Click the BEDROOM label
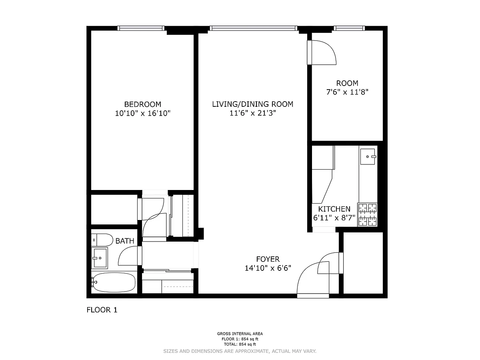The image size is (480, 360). pos(142,104)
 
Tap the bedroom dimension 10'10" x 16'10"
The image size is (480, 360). pos(142,113)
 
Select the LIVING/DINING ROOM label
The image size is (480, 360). pos(252,104)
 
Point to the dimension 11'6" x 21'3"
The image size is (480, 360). pos(252,113)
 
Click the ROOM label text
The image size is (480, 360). pos(347,83)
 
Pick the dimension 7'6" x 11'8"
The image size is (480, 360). pos(347,92)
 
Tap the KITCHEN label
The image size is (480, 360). pos(334,209)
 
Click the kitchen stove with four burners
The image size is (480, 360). pos(368,215)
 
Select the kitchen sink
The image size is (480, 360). pos(368,156)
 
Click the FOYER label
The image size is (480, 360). pos(268,259)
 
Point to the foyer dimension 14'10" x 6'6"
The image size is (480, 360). pos(268,268)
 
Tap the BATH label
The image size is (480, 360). pos(125,241)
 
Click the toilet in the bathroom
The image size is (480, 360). pos(102,240)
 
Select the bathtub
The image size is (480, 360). pos(113,282)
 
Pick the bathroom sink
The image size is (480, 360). pos(100,258)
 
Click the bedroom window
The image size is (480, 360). pos(141,28)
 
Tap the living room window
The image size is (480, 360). pos(254,28)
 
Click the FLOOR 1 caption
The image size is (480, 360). pos(102,310)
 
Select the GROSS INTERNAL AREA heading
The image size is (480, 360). pos(240,334)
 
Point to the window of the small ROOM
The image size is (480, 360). pos(349,28)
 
